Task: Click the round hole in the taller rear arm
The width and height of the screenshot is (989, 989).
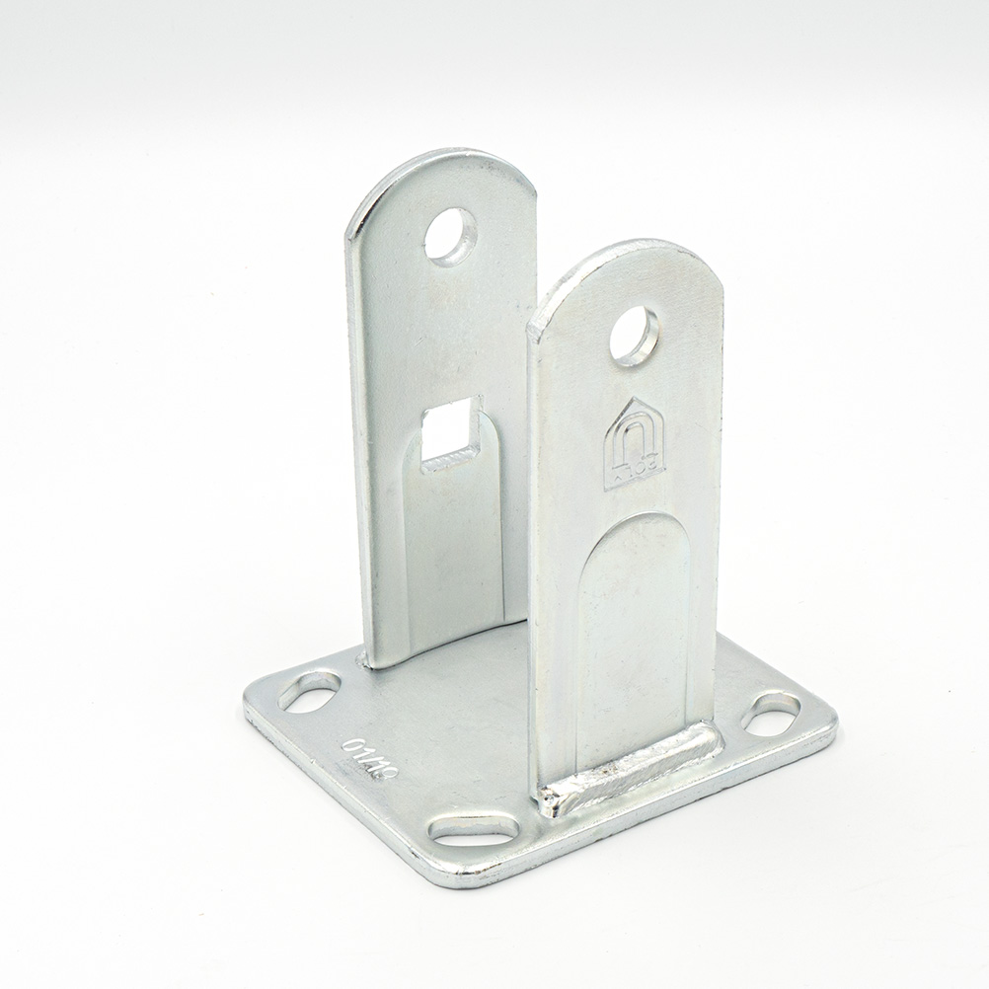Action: tap(451, 235)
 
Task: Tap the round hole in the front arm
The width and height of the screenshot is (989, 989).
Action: tap(634, 336)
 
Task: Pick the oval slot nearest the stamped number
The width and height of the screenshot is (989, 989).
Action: tap(309, 690)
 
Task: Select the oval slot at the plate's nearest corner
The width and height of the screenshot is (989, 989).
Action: tap(475, 828)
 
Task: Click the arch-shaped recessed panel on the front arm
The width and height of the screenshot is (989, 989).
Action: tap(633, 632)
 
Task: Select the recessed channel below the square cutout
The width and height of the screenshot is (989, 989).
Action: tap(454, 553)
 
